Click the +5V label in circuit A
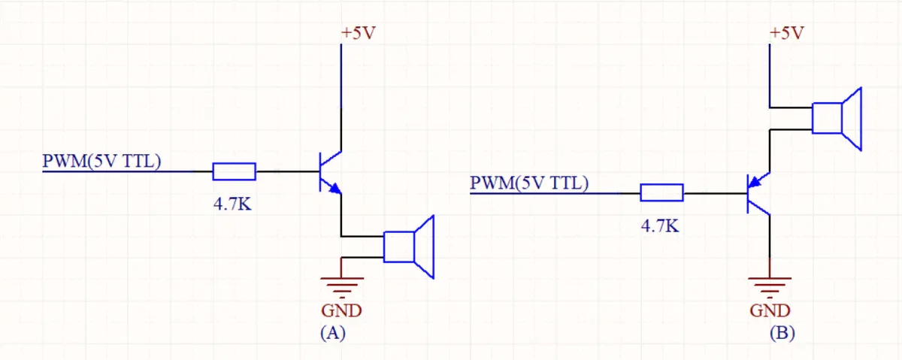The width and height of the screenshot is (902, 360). pyautogui.click(x=358, y=34)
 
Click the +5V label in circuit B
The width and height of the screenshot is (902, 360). pyautogui.click(x=787, y=33)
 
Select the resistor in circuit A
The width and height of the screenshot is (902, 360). pyautogui.click(x=234, y=171)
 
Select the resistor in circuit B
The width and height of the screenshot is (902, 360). pyautogui.click(x=661, y=193)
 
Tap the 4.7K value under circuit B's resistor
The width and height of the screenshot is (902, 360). pyautogui.click(x=660, y=225)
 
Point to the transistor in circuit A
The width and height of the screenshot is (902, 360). pyautogui.click(x=329, y=172)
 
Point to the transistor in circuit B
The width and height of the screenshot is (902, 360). pyautogui.click(x=758, y=193)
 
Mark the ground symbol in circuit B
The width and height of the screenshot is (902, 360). pyautogui.click(x=770, y=286)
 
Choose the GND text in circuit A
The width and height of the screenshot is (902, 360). pyautogui.click(x=342, y=310)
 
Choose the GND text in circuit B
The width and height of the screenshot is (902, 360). pyautogui.click(x=770, y=310)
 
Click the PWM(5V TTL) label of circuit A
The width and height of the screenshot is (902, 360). pyautogui.click(x=101, y=161)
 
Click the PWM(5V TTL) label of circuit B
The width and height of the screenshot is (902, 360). pyautogui.click(x=529, y=183)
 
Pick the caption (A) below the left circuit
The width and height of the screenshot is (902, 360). pyautogui.click(x=331, y=334)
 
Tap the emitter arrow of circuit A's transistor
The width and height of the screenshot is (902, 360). pyautogui.click(x=334, y=188)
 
